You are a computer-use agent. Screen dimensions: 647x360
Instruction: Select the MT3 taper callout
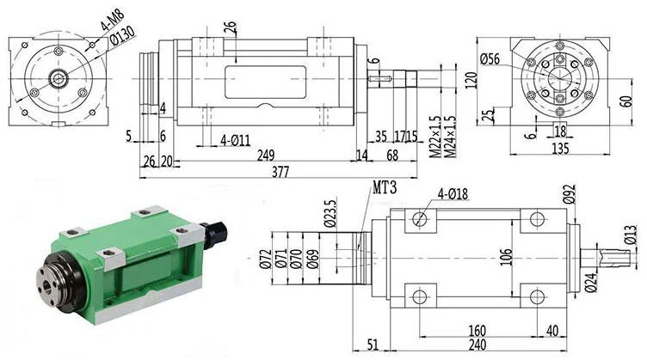tap(384, 187)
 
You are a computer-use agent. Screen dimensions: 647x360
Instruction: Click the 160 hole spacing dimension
tap(478, 331)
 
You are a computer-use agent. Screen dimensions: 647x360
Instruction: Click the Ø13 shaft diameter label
tap(632, 232)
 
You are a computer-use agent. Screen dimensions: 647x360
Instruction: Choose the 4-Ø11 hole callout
tap(235, 139)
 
